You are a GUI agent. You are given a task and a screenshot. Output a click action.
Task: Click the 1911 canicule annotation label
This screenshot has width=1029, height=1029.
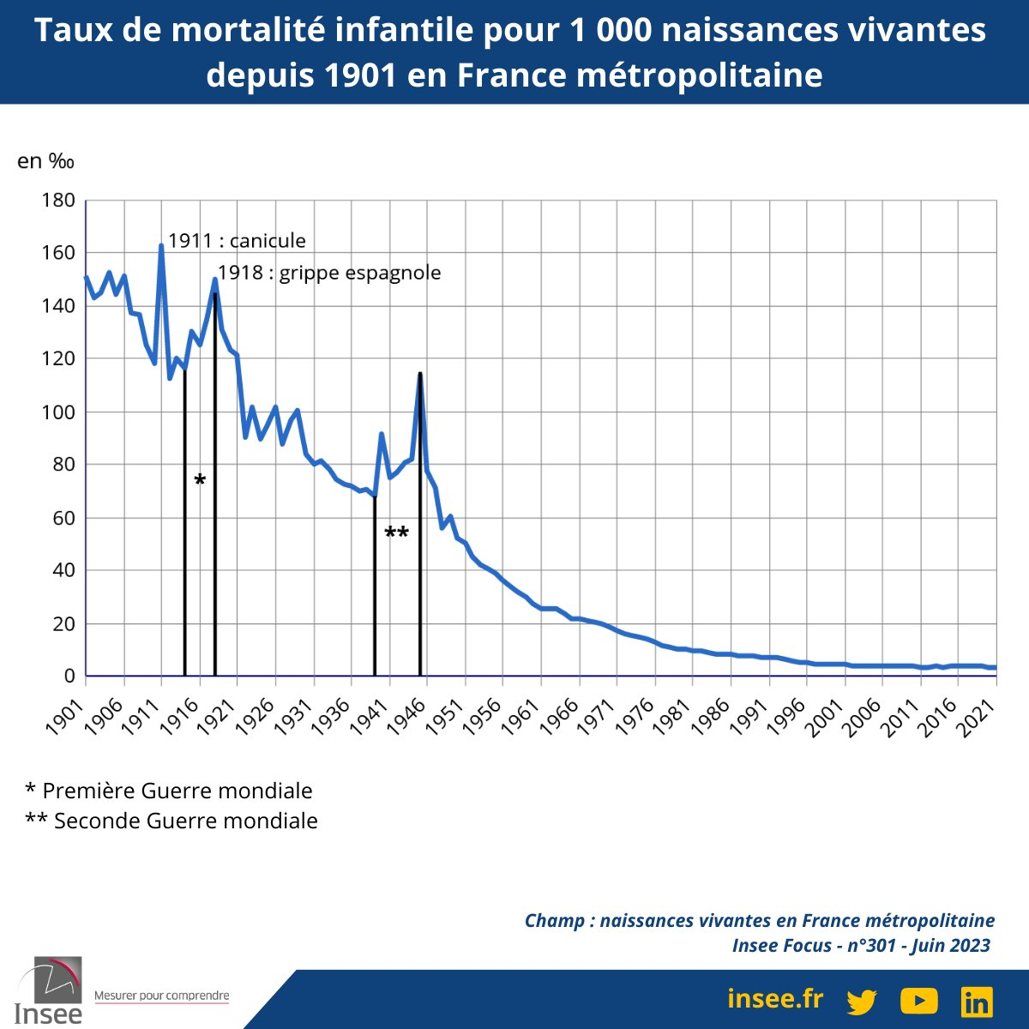237,241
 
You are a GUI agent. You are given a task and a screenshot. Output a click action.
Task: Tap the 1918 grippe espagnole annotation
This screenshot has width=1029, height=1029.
329,274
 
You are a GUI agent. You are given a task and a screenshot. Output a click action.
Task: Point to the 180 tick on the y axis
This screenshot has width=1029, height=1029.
58,201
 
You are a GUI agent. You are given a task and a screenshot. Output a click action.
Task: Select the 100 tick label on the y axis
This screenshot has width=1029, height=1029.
58,412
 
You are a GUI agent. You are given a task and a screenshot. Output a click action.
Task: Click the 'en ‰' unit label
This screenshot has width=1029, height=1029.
46,161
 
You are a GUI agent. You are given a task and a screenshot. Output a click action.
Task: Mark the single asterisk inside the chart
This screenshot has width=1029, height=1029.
200,481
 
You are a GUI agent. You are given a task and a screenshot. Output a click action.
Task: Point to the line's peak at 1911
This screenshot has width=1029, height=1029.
161,246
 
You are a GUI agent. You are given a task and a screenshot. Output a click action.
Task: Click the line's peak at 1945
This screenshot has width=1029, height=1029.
419,374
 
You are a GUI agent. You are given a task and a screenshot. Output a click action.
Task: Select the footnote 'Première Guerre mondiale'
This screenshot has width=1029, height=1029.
169,791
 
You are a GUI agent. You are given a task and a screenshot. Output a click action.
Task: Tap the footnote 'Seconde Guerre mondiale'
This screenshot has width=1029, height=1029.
171,821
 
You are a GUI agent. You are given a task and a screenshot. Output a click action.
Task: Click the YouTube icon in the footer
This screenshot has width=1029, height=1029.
918,1000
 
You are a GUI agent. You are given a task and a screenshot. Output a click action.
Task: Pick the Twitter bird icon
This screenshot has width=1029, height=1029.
862,1001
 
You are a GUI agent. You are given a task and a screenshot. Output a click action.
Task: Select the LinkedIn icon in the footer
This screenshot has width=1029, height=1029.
976,1001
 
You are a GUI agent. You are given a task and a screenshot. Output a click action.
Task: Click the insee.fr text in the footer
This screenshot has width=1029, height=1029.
774,999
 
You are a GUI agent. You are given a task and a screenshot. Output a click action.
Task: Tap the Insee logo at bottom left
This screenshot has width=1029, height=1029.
49,990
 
